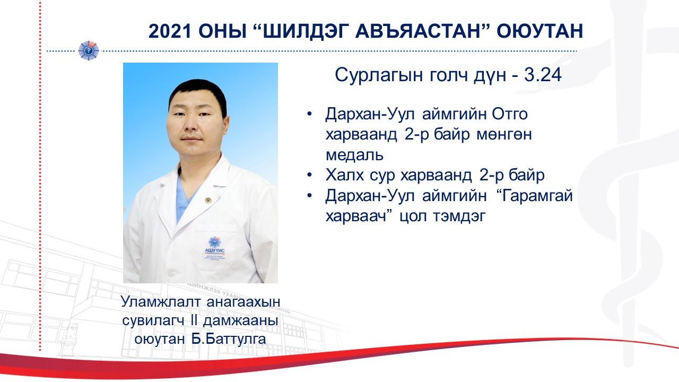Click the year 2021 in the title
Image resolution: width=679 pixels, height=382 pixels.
tap(170, 31)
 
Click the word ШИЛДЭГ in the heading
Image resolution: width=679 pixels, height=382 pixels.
tap(303, 31)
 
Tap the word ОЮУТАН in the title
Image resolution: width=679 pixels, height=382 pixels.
tap(540, 31)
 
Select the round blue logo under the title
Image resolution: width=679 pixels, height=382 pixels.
tap(88, 50)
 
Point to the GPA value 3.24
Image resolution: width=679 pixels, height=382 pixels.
tap(543, 75)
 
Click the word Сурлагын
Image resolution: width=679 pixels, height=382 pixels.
tap(379, 76)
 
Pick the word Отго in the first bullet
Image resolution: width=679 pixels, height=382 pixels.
tap(510, 114)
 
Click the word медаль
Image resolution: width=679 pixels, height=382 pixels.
tap(355, 155)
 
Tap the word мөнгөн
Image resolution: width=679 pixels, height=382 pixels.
tap(504, 135)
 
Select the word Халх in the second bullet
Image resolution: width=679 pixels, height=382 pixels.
tap(344, 175)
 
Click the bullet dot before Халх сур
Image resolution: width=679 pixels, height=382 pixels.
tap(309, 175)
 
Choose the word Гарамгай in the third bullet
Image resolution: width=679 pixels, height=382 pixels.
tap(537, 196)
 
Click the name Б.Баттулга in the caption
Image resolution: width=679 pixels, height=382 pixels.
tap(229, 339)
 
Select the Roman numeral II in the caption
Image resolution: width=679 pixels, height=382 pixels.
tap(194, 320)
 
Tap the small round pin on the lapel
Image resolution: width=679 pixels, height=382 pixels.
tap(208, 200)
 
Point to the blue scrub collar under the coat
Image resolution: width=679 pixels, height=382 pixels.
tap(185, 196)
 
